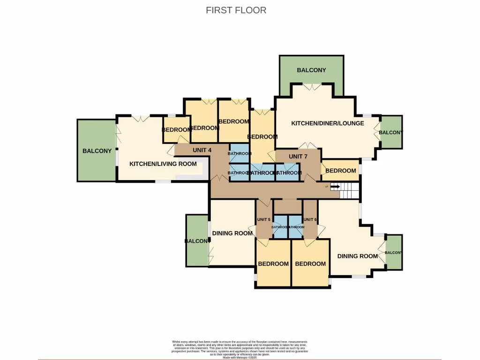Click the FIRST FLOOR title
pos(236,10)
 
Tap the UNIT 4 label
pos(202,150)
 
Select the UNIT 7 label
pos(299,156)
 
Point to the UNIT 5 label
pos(263,219)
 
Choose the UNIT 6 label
pos(310,219)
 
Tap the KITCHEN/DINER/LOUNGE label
pos(328,123)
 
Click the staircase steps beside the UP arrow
pos(350,190)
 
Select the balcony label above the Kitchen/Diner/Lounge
pos(311,70)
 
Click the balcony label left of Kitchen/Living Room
pos(97,151)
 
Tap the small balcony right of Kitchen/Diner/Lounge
pos(390,133)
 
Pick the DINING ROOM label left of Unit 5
pos(232,233)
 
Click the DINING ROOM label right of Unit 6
pos(358,256)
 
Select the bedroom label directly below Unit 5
pos(273,263)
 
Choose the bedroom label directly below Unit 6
pos(310,263)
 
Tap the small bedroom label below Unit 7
pos(341,171)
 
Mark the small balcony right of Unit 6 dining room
pos(393,253)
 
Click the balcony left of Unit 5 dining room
pos(197,241)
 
